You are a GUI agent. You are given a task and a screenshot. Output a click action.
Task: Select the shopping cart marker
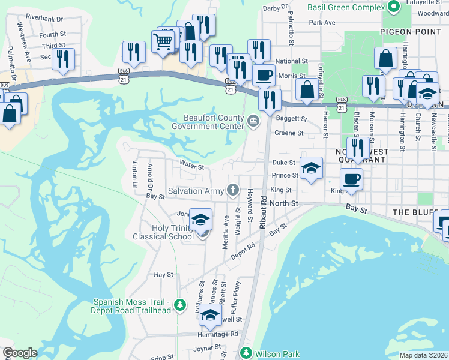point(164,42)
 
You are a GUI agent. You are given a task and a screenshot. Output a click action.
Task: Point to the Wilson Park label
point(277,354)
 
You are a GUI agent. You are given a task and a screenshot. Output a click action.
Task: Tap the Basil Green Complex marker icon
point(394,8)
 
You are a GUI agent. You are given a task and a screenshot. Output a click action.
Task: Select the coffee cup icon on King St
point(351,178)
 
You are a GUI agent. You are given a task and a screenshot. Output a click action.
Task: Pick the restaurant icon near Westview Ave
point(62,58)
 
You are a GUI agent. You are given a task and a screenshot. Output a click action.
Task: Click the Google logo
point(20,353)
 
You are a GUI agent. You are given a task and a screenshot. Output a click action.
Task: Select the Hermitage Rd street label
point(218,334)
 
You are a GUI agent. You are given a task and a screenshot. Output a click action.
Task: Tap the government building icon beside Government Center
point(253,122)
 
